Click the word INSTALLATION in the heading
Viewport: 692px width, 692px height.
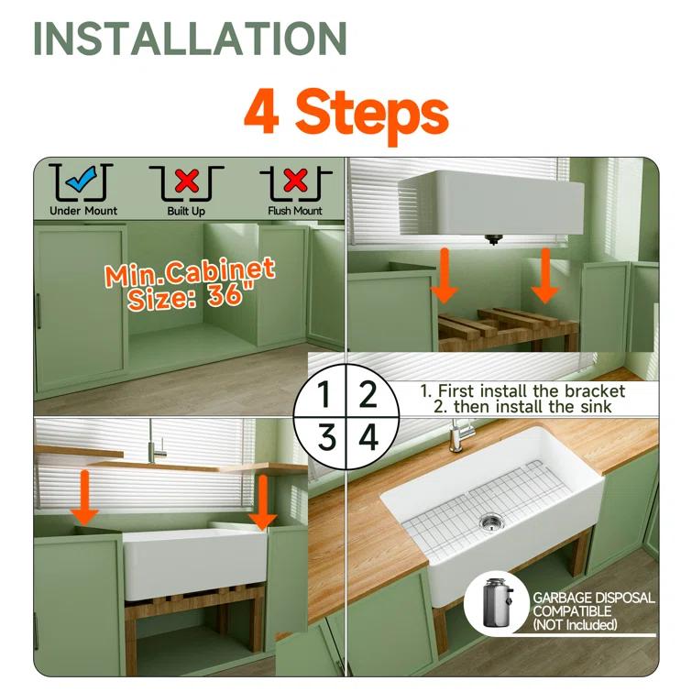point(190,38)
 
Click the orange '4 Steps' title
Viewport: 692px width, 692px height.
point(346,111)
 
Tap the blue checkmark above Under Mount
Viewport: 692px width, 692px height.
point(82,181)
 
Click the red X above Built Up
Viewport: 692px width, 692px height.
point(186,181)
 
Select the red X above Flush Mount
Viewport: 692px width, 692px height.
point(294,181)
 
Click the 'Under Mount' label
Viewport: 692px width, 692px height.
point(82,211)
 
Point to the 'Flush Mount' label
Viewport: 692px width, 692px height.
point(294,211)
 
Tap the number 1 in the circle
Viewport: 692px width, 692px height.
point(324,395)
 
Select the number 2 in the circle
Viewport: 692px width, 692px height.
point(368,395)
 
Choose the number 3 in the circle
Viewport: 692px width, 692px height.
point(324,437)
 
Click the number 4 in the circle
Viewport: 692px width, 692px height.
point(368,437)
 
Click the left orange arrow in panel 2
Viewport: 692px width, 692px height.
point(445,275)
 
